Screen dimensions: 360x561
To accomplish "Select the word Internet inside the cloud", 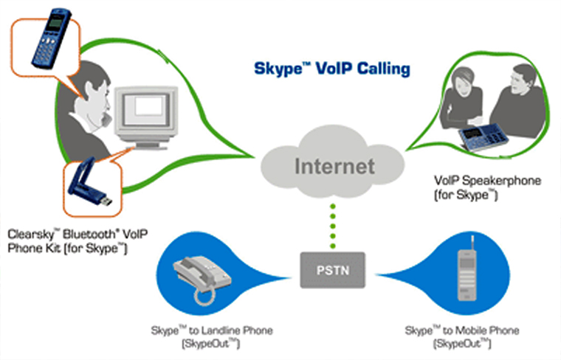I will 334,165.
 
